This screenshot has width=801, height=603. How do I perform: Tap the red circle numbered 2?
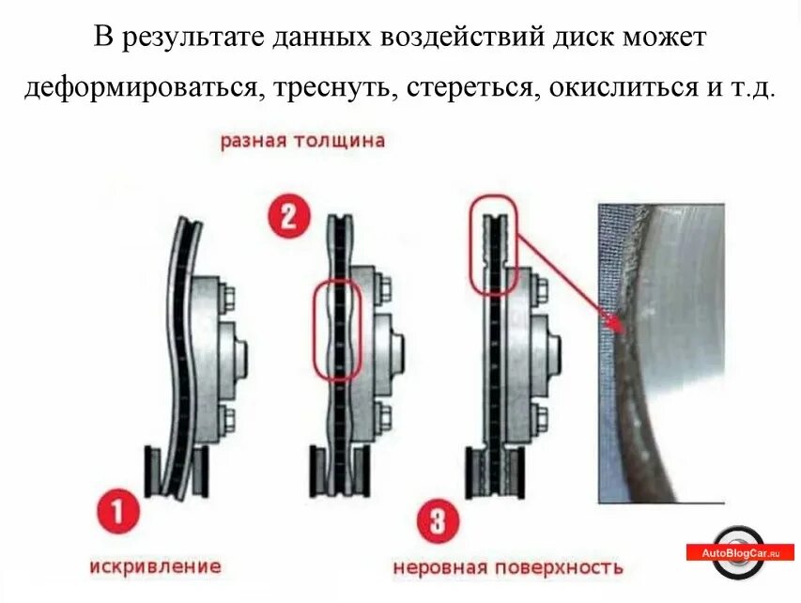click(x=288, y=216)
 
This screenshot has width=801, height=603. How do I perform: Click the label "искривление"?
click(x=156, y=566)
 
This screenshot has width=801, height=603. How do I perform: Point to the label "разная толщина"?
click(x=302, y=141)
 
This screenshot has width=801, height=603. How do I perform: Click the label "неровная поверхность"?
click(x=507, y=568)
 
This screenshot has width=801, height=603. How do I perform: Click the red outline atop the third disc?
click(x=493, y=244)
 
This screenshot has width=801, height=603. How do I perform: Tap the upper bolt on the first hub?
click(x=229, y=295)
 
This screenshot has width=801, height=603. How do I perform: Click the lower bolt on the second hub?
click(x=383, y=416)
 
